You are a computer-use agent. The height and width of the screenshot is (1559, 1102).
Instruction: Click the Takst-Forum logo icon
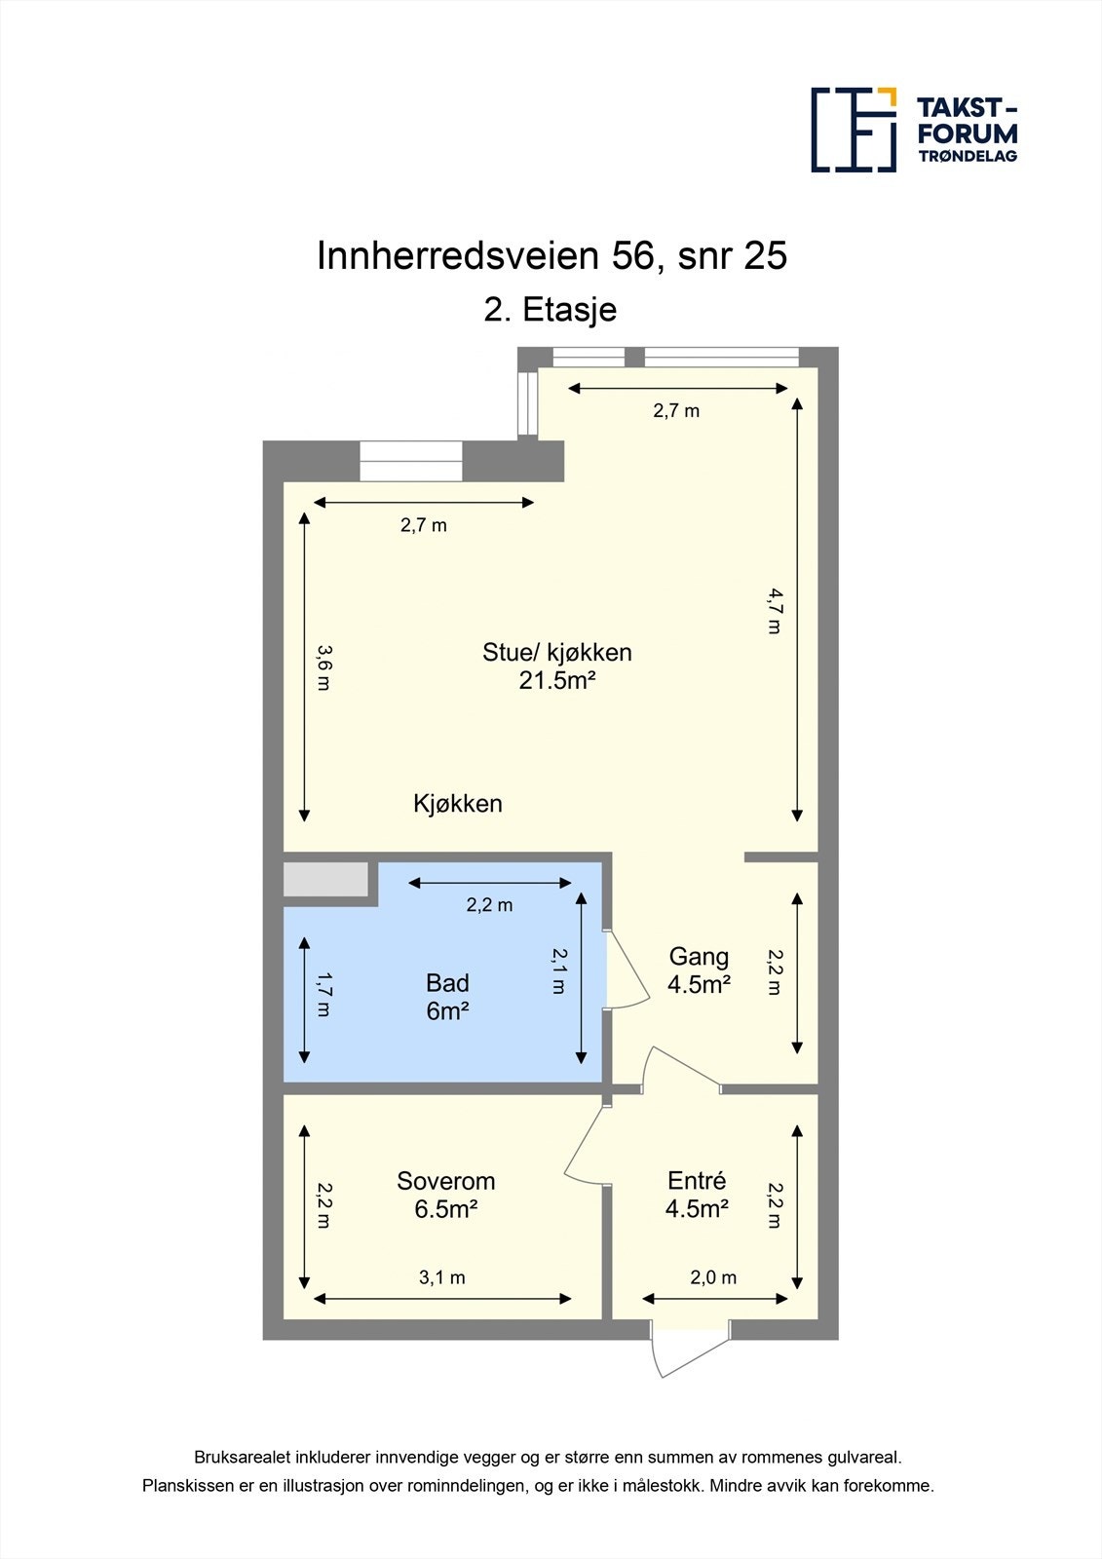click(x=854, y=130)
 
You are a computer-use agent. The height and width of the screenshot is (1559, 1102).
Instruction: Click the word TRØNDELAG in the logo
click(x=968, y=156)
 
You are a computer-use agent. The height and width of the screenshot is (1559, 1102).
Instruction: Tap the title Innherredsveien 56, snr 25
click(x=551, y=256)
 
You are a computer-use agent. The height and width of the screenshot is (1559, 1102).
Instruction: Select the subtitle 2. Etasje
click(x=551, y=310)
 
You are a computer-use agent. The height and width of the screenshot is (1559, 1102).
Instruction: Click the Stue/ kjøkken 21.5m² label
click(x=556, y=666)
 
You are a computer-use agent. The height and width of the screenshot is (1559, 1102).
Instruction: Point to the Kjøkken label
click(x=458, y=804)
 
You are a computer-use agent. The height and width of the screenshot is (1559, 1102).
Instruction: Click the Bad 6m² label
click(x=447, y=997)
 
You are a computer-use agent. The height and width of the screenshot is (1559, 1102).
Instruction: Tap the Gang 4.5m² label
click(x=699, y=970)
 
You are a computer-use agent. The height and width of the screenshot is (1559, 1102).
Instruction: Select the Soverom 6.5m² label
click(x=445, y=1195)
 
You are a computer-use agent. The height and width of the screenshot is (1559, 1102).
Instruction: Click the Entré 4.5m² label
click(x=697, y=1195)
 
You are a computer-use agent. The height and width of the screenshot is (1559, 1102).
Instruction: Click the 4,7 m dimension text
click(x=775, y=611)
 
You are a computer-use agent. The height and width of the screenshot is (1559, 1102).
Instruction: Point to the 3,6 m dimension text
click(x=324, y=668)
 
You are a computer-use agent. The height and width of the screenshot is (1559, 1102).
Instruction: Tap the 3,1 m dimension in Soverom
click(x=442, y=1277)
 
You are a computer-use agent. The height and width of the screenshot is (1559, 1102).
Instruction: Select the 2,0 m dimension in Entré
click(x=713, y=1277)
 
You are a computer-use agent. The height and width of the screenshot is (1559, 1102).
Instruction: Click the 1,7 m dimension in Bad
click(x=324, y=995)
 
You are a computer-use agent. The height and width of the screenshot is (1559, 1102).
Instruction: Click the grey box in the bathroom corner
click(x=325, y=879)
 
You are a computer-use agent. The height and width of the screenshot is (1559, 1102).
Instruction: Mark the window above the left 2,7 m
click(x=410, y=461)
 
